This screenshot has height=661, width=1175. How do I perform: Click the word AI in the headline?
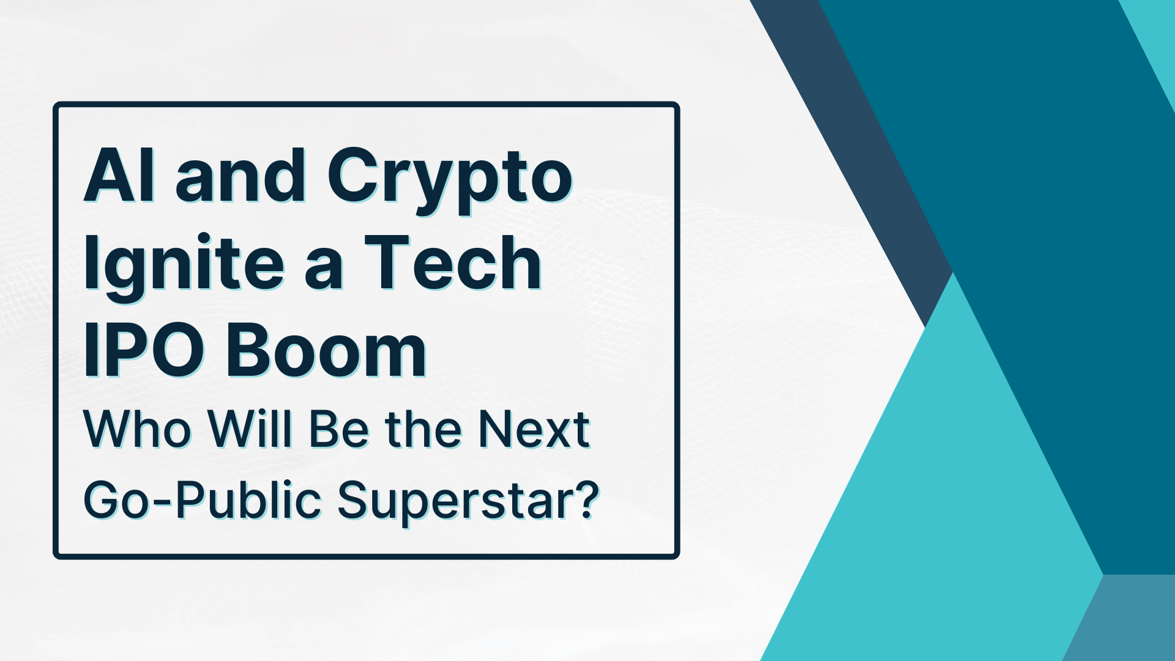(119, 176)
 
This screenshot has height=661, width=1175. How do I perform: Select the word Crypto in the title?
(450, 179)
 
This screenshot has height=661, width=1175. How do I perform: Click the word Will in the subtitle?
(250, 430)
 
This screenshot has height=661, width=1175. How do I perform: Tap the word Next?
(534, 430)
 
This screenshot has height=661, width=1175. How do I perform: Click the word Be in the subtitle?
(338, 430)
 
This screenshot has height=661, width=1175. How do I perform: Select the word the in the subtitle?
(423, 430)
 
